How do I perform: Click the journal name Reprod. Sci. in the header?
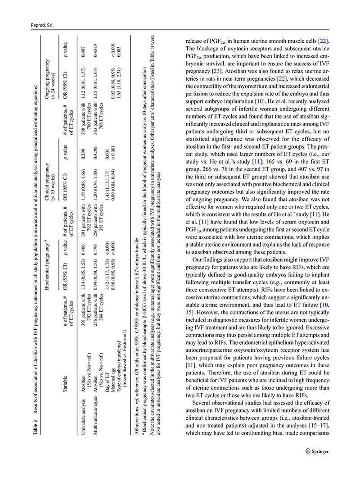pos(41,26)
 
